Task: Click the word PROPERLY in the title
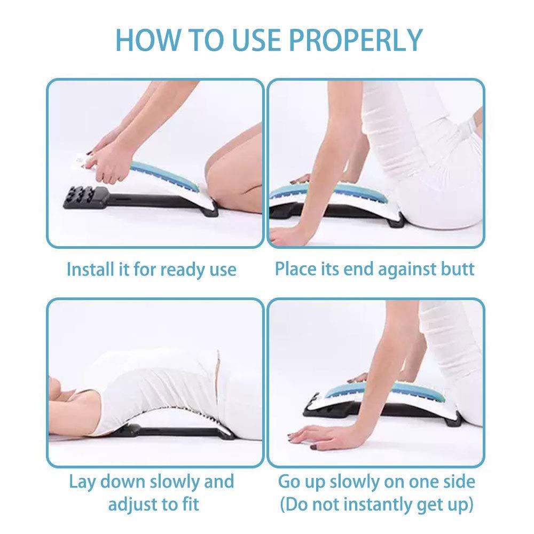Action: tap(356, 40)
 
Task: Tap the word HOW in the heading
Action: tap(147, 40)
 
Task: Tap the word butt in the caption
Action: tap(458, 269)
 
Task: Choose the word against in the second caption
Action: tap(406, 270)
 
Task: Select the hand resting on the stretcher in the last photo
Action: tap(358, 379)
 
